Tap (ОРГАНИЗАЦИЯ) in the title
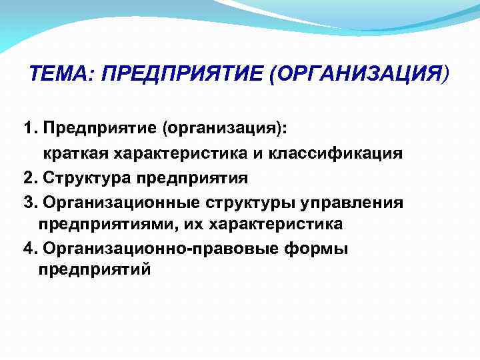point(359,74)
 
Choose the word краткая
point(77,154)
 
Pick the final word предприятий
point(95,270)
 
